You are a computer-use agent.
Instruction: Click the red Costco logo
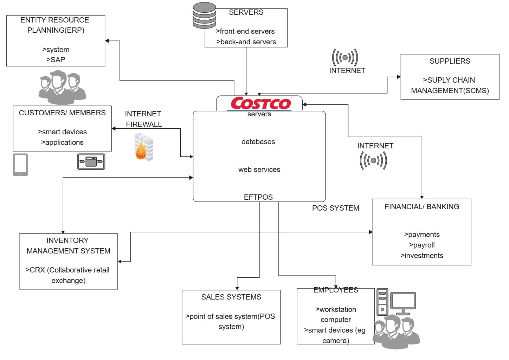[x=260, y=103]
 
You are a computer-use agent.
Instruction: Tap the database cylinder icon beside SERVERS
[x=204, y=15]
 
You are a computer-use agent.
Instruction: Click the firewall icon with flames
[x=144, y=147]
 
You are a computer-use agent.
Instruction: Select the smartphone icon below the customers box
[x=20, y=165]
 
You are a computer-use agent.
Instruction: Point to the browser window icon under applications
[x=91, y=162]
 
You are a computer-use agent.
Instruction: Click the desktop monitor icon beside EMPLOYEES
[x=403, y=303]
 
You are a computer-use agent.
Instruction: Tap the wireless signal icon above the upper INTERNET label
[x=345, y=58]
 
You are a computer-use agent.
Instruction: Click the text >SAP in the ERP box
[x=56, y=60]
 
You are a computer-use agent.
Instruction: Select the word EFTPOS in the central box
[x=258, y=197]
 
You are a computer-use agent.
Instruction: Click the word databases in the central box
[x=258, y=142]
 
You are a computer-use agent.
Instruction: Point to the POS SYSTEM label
[x=336, y=208]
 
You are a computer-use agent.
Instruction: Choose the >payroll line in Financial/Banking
[x=422, y=245]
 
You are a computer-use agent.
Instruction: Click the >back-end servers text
[x=246, y=42]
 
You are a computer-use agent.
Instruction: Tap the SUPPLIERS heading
[x=450, y=61]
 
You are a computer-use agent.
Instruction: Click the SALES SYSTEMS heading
[x=231, y=297]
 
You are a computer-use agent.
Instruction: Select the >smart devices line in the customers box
[x=62, y=132]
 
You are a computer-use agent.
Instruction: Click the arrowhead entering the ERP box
[x=107, y=41]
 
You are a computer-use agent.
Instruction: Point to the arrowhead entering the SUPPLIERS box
[x=399, y=77]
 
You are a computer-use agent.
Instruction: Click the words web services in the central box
[x=259, y=169]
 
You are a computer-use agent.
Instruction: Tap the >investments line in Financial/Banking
[x=422, y=256]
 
